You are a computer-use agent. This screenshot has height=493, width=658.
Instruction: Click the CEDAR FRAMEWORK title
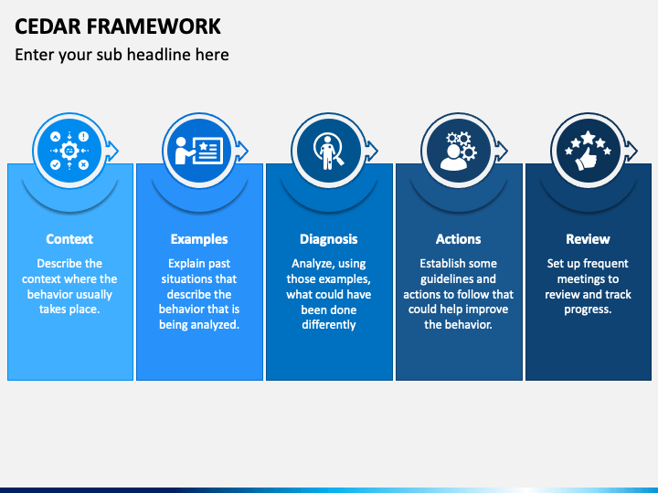(x=118, y=26)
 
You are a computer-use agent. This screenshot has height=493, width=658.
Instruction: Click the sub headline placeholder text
(x=122, y=55)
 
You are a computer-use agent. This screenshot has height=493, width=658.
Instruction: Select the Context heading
(x=69, y=239)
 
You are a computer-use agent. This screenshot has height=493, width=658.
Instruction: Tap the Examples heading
(x=199, y=239)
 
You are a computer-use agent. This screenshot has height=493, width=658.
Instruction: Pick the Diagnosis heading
(x=329, y=239)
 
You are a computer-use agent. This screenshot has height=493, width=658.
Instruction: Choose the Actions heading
(x=458, y=239)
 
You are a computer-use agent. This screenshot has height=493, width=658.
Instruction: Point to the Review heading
(x=588, y=239)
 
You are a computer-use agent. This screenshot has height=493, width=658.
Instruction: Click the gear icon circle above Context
(x=69, y=151)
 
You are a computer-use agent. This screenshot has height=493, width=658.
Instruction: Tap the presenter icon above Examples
(x=199, y=151)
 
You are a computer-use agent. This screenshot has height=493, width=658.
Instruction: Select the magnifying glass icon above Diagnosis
(x=329, y=151)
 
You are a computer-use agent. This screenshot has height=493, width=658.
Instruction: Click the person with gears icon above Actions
(x=458, y=151)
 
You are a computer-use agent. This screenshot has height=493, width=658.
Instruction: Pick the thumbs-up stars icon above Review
(x=588, y=151)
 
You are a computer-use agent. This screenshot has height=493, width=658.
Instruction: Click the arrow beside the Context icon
(x=112, y=151)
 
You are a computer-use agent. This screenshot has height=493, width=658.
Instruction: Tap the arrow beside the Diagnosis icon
(x=372, y=151)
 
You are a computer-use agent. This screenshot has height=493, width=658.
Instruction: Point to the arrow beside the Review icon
(x=631, y=151)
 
